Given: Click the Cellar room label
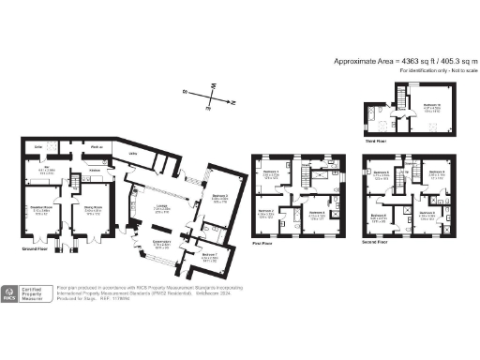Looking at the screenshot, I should tap(38, 148).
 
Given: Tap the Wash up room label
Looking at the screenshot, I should tap(96, 148).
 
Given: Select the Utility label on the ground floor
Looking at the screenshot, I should tap(133, 153).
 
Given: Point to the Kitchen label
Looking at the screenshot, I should tap(95, 171).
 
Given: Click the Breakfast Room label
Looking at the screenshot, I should tap(42, 208).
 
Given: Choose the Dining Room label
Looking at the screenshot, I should tap(93, 208).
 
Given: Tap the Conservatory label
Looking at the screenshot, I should tap(162, 241).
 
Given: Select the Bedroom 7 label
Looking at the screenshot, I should tap(210, 255).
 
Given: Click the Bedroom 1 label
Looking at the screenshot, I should tap(269, 172).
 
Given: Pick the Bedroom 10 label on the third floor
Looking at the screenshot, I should tap(432, 105).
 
